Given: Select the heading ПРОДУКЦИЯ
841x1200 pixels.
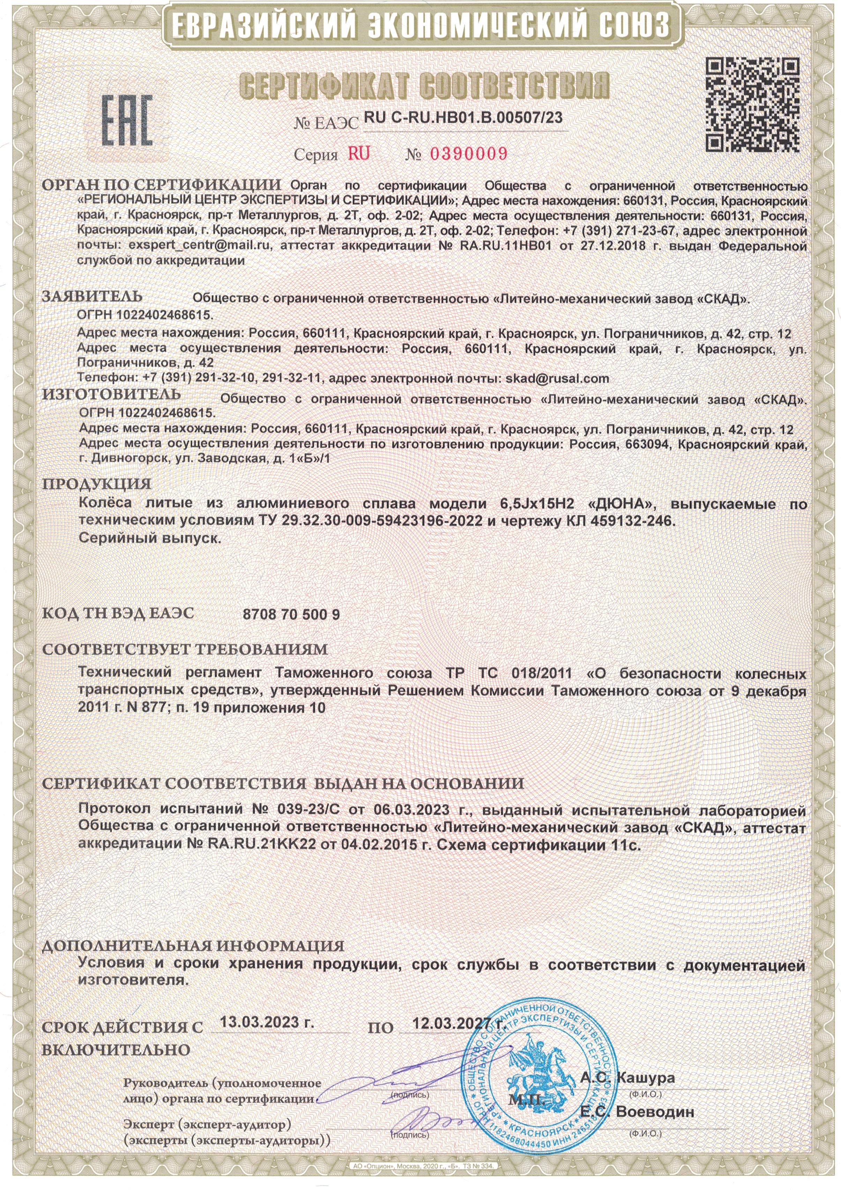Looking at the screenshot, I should tap(97, 484).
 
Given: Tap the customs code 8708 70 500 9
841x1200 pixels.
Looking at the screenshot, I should tap(291, 614).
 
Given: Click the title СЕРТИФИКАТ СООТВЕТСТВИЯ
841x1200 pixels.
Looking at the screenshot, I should tap(424, 85).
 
